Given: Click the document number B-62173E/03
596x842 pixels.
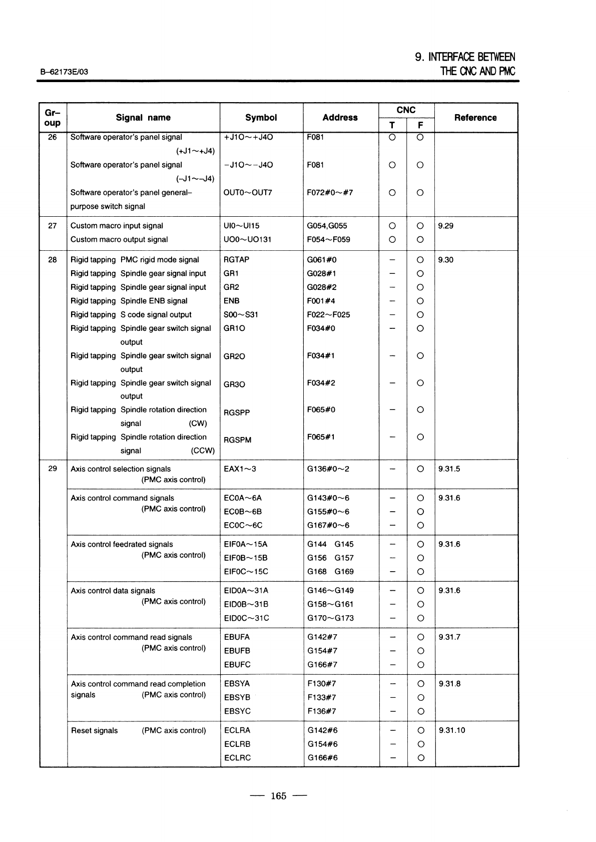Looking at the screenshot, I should tap(64, 72).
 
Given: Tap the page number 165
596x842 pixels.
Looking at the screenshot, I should tap(278, 796).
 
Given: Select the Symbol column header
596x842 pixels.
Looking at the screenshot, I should tap(261, 118).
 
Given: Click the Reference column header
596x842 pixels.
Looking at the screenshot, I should tap(475, 118).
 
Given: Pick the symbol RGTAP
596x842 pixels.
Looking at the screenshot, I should tap(236, 260).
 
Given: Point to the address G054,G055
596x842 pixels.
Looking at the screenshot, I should tap(327, 226).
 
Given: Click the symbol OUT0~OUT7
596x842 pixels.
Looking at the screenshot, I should tap(248, 193).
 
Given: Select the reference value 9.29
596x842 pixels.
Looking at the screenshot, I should tap(445, 226).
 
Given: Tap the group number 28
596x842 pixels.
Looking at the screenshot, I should tap(53, 260).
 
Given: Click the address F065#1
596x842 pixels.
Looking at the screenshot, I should tap(321, 437).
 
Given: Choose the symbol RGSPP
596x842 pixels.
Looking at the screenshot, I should tap(237, 412).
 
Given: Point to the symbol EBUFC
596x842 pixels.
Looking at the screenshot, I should tap(237, 665).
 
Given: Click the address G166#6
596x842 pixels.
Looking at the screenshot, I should tap(322, 758).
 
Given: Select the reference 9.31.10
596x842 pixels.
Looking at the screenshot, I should tap(451, 730).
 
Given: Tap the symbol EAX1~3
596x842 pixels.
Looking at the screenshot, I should tap(240, 469).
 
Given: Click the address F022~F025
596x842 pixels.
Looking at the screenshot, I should tap(328, 315).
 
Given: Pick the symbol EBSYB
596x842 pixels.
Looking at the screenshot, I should tap(237, 697).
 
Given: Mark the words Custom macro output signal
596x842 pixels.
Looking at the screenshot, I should tap(119, 240).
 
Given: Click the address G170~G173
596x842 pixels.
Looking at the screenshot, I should tap(330, 618).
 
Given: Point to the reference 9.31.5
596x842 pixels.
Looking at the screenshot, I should tap(449, 469).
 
